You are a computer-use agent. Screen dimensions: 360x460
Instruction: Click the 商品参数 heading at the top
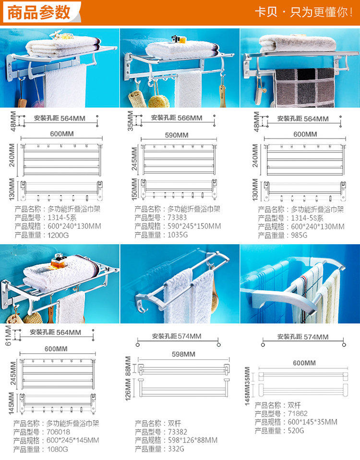(39, 12)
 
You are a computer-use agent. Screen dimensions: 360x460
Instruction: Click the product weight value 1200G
(58, 235)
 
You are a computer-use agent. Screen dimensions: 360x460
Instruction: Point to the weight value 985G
(300, 235)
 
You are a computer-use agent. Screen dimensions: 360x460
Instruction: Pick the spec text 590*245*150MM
(194, 226)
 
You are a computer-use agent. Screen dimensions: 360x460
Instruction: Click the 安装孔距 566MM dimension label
(176, 118)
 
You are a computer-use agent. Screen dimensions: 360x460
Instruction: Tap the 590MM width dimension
(176, 135)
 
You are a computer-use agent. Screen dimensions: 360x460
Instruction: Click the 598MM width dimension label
(183, 354)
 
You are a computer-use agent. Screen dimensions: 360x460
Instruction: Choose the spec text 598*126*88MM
(192, 440)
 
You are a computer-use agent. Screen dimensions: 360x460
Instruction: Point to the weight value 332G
(176, 449)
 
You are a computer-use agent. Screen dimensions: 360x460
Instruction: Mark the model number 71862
(298, 413)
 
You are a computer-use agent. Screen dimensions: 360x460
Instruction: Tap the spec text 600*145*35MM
(312, 422)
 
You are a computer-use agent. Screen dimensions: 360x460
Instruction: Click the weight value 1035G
(178, 235)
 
